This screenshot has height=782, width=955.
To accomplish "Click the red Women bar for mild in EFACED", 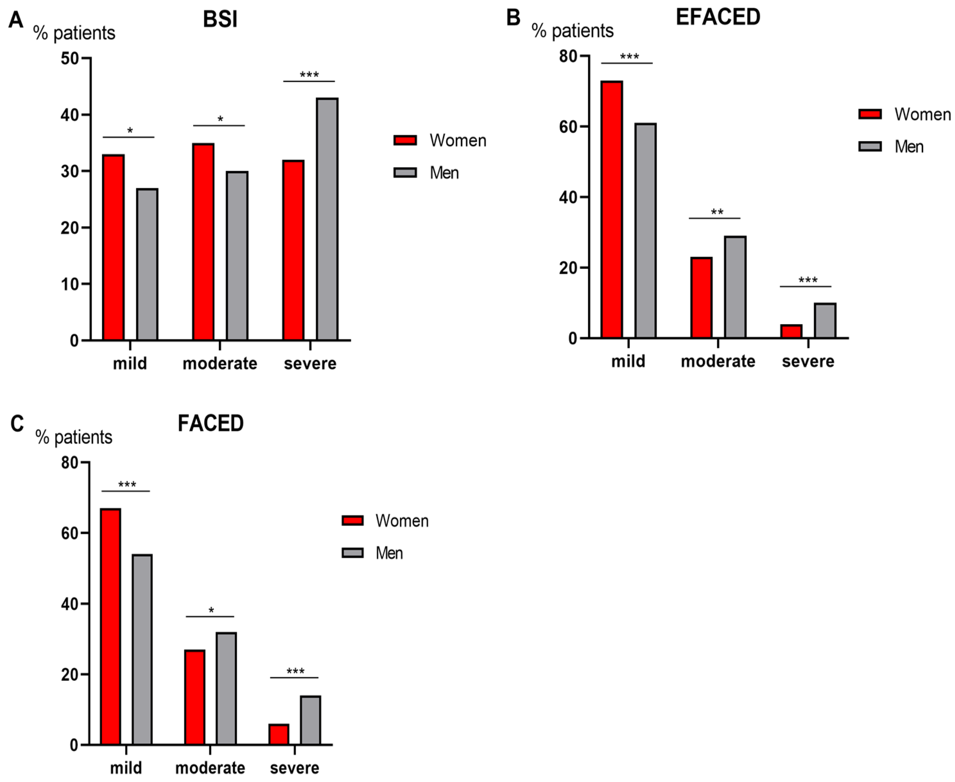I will pos(612,209).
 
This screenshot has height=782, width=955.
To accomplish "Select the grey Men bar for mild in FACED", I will pos(142,650).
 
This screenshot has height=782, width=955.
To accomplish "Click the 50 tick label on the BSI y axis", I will pos(70,58).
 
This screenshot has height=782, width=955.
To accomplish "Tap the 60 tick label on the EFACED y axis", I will pos(568,127).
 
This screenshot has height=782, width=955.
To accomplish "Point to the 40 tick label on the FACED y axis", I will pos(70,604).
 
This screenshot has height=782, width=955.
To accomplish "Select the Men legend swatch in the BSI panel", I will pos(405,172).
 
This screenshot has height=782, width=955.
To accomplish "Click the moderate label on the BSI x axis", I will pos(220,363).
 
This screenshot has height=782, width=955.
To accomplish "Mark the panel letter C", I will pos(17,424).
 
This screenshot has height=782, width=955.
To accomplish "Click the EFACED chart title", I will pos(718,17).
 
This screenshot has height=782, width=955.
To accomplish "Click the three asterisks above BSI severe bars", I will pos(309,75).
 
